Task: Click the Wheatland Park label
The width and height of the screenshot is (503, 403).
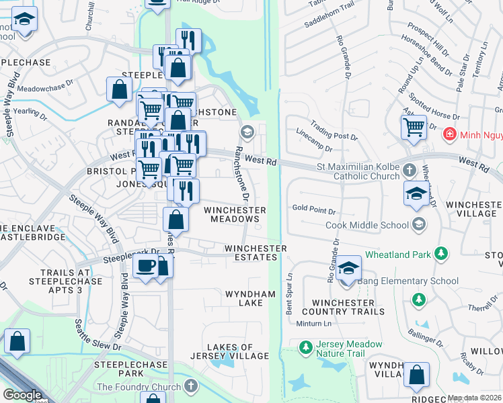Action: [398, 255]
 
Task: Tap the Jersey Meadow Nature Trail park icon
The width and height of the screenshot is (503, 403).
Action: [305, 347]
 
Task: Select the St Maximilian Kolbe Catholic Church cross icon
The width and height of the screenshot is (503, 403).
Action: [407, 169]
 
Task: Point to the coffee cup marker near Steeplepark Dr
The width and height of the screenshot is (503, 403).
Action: [145, 267]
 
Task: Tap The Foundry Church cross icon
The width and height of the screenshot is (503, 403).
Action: [191, 387]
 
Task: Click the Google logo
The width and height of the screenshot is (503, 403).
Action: [22, 395]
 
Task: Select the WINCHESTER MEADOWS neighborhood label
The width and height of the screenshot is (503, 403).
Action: [235, 214]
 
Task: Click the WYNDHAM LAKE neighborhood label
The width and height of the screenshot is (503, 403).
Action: [250, 298]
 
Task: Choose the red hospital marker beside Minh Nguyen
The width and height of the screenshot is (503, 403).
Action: [449, 135]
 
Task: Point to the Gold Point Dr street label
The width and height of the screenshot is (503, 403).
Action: [310, 208]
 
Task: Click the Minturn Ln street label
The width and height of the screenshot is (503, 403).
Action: [314, 324]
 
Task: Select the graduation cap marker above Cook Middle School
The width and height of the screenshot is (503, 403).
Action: [417, 193]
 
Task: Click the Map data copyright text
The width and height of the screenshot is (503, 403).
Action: [474, 398]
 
